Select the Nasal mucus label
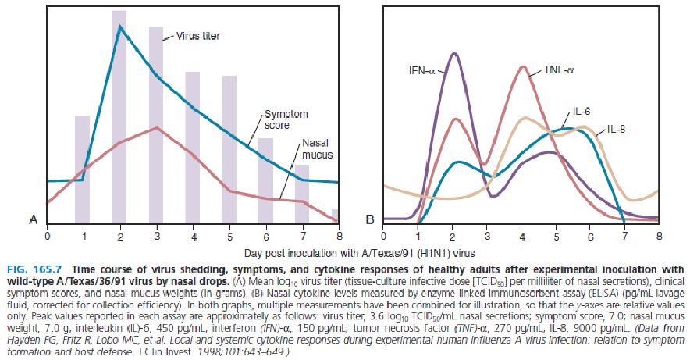(x=316, y=149)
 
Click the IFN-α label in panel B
(x=423, y=70)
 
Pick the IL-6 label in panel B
(x=581, y=112)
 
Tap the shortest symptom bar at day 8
(x=336, y=216)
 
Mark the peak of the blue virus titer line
(x=119, y=27)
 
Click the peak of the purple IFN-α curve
(x=453, y=53)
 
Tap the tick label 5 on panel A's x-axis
(x=229, y=234)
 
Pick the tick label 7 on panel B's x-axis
(x=624, y=234)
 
